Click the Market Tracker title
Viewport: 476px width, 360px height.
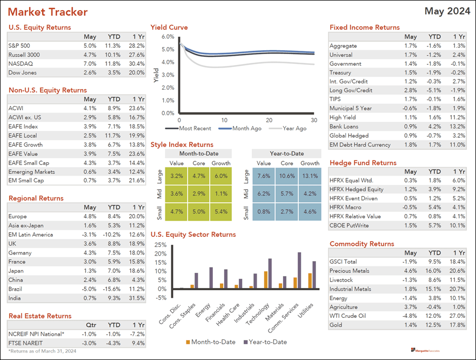48,12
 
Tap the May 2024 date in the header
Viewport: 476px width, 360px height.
447,11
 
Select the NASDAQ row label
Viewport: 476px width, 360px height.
20,64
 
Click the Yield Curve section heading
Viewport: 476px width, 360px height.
169,28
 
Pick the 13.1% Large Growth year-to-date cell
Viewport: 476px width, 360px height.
310,176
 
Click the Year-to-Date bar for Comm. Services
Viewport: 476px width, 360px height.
299,270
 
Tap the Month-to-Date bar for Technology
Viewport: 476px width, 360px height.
266,279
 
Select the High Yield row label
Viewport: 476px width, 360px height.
343,117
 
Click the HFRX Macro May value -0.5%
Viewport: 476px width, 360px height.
410,207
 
